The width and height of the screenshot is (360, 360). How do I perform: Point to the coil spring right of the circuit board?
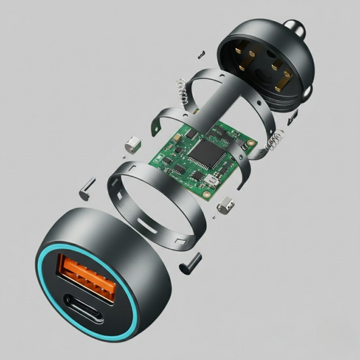coord(274,141)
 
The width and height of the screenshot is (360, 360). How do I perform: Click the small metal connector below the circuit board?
coord(228,204)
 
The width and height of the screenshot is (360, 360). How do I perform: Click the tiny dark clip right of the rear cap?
coord(292,119)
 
